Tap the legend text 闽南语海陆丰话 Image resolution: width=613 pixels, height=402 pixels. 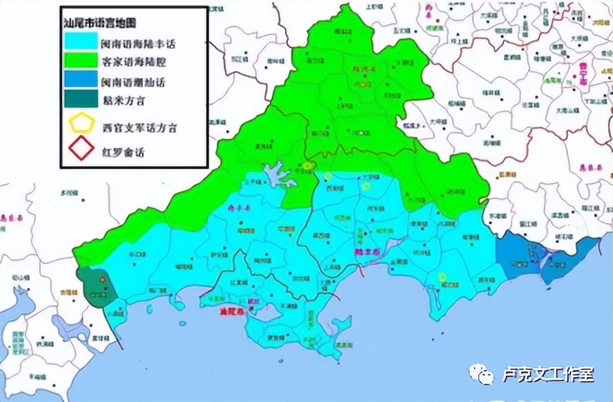pos(138,42)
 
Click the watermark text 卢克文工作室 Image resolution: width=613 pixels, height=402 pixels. pos(549,375)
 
